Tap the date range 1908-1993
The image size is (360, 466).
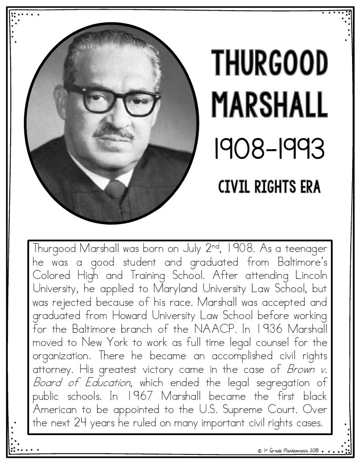click(x=270, y=149)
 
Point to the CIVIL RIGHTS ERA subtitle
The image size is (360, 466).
click(x=270, y=187)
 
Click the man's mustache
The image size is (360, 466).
click(x=114, y=132)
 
